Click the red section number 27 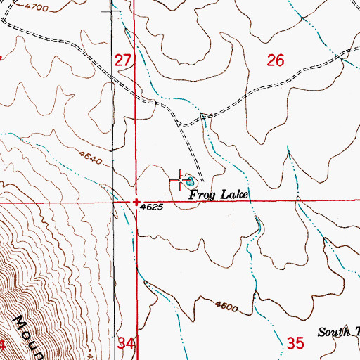click(x=123, y=61)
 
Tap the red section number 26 click(x=276, y=61)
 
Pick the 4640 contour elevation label click(x=91, y=160)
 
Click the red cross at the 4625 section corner click(x=136, y=202)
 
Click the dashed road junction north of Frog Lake click(x=181, y=124)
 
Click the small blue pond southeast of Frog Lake click(x=257, y=226)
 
